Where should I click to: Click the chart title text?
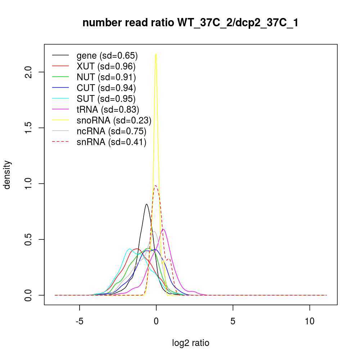tap(190, 23)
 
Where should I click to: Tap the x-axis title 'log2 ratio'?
tap(190, 343)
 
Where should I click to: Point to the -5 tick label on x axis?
tap(79, 320)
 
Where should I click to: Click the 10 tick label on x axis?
tap(310, 320)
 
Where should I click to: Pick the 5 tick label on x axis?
tap(233, 320)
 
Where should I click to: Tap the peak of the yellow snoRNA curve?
tap(156, 54)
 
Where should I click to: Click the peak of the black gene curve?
tap(147, 204)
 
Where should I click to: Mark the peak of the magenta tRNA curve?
tap(163, 229)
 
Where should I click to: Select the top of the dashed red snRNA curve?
tap(156, 186)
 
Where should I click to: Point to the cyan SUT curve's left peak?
tap(129, 249)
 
